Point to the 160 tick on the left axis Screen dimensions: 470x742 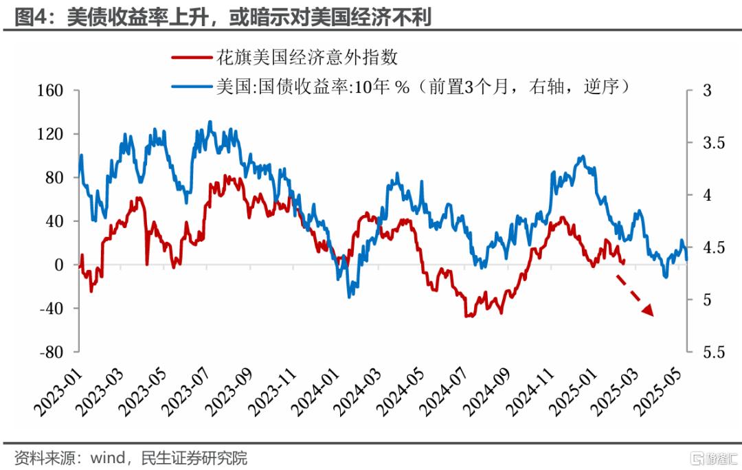tap(50, 91)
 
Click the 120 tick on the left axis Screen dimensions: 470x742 tap(50, 134)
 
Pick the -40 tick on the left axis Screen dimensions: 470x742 tap(50, 309)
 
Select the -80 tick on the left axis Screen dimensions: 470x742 tap(50, 352)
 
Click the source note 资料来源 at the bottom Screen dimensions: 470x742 tap(131, 458)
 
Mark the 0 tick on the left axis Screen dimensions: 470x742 tap(58, 265)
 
